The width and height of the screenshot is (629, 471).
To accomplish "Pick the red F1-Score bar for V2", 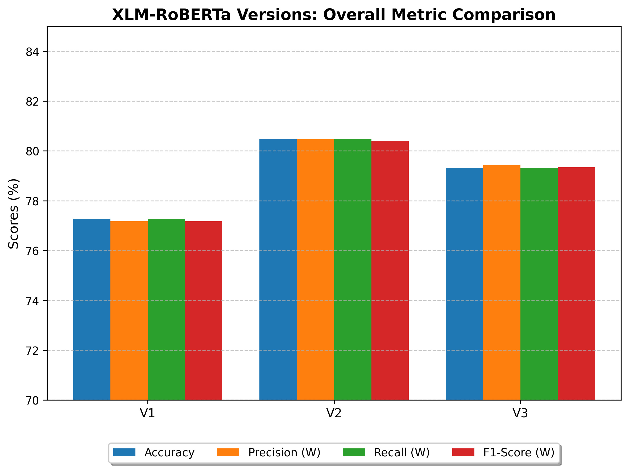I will click(x=390, y=270).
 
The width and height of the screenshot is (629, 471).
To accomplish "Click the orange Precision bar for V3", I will click(x=502, y=282).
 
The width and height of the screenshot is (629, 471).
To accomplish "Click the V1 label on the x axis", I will click(x=147, y=413).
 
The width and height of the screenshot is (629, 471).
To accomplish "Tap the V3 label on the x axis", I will click(x=520, y=413).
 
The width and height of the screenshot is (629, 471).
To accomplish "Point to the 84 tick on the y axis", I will click(x=32, y=52).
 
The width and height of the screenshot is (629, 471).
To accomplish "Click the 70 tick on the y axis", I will click(x=32, y=401).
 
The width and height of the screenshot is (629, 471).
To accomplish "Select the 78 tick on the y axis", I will click(x=32, y=202).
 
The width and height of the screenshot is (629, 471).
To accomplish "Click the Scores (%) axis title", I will click(x=13, y=214).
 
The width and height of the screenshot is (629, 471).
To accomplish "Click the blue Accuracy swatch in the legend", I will click(x=124, y=452).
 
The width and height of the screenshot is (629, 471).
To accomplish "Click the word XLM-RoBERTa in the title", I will click(x=171, y=15).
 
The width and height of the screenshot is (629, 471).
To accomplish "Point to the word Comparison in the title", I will click(x=504, y=15).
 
